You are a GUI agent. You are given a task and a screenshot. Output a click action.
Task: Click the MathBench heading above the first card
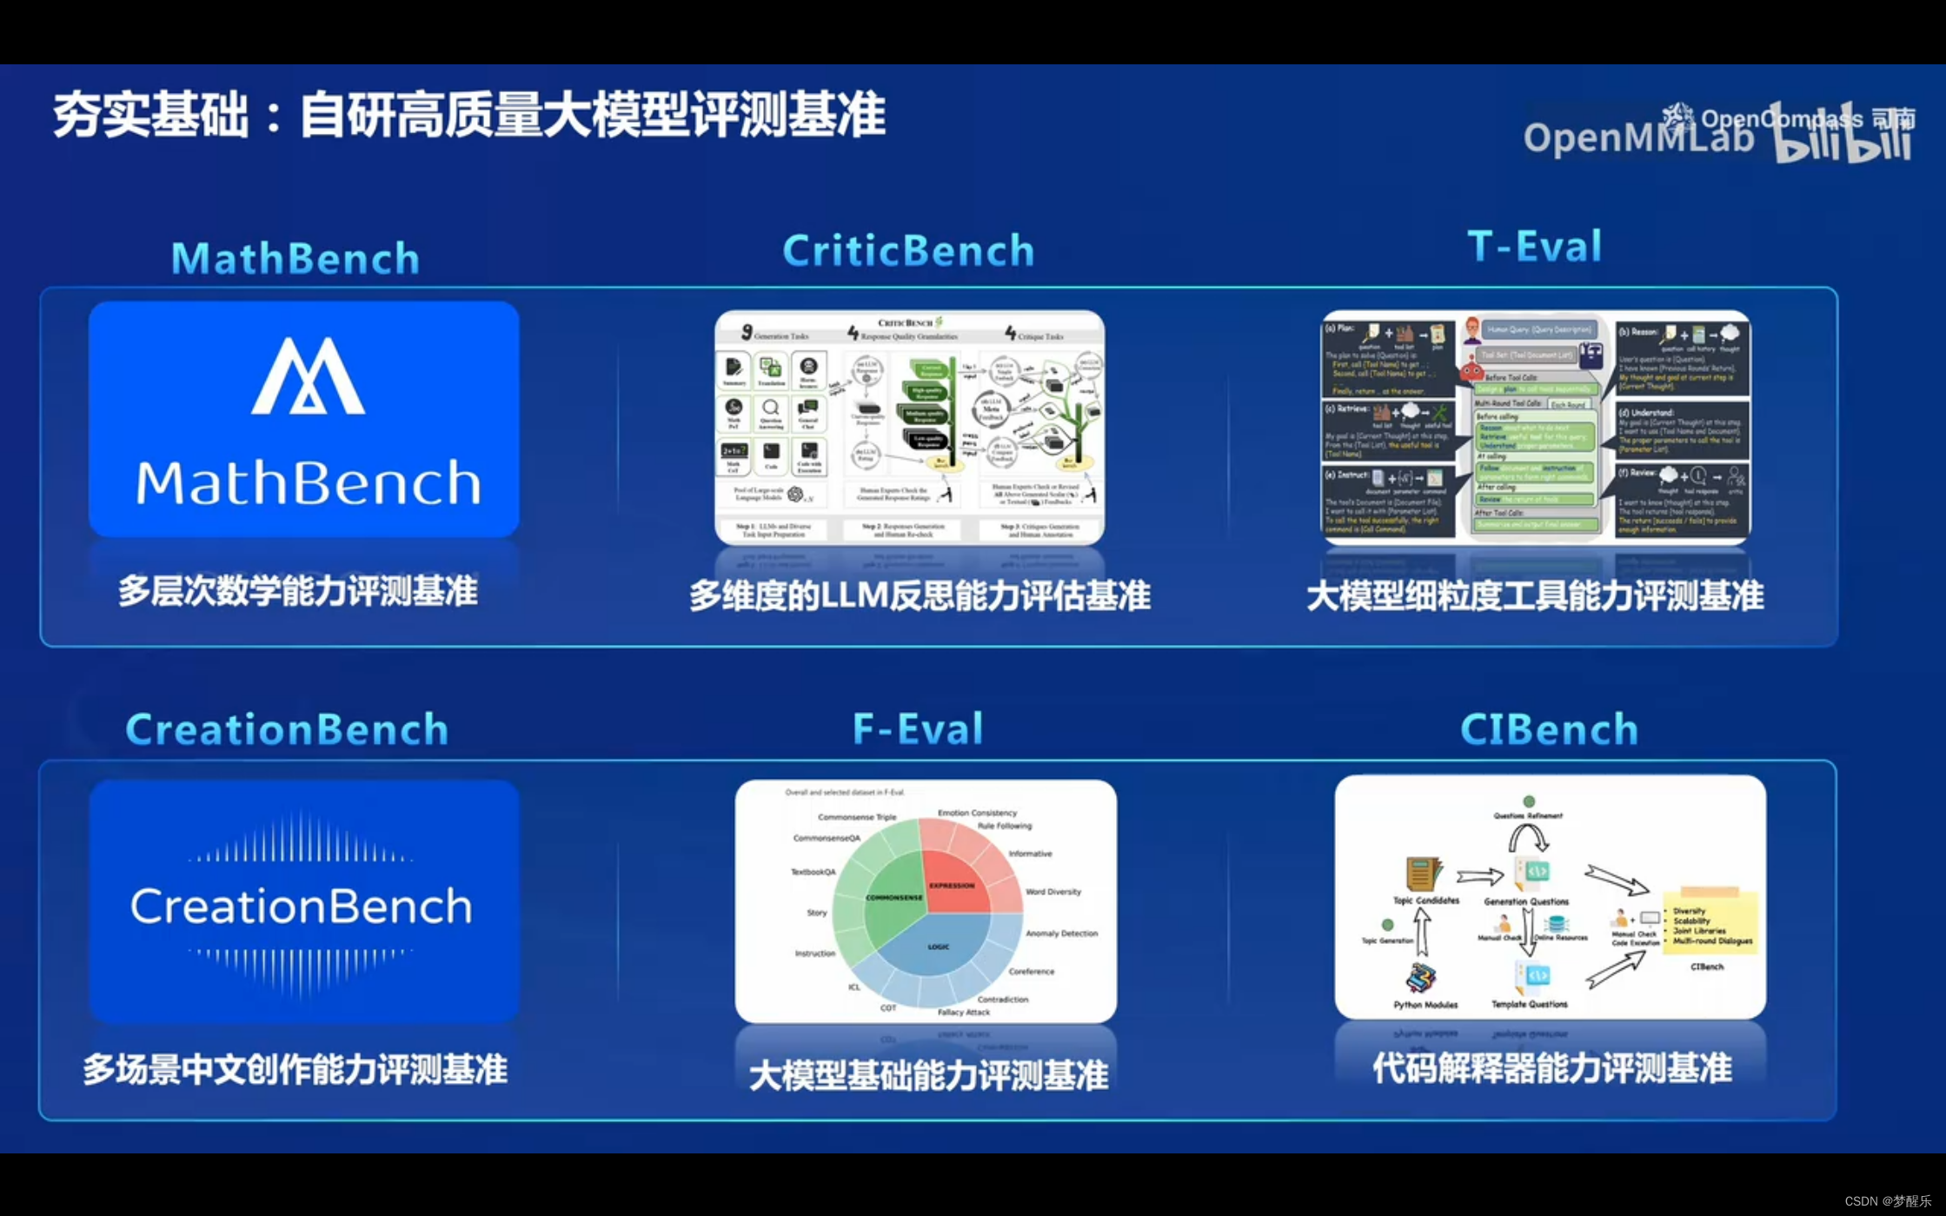point(296,258)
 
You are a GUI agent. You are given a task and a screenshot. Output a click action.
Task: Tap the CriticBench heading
point(908,250)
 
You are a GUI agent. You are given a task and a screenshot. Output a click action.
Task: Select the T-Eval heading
point(1535,246)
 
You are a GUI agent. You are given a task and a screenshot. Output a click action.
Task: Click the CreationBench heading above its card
point(287,728)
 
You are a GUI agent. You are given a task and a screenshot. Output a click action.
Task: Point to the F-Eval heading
point(918,728)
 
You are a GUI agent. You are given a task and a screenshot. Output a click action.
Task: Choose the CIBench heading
point(1549,728)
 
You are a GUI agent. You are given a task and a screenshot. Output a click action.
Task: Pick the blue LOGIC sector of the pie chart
point(939,952)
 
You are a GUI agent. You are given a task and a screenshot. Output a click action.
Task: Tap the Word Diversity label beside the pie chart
point(1053,892)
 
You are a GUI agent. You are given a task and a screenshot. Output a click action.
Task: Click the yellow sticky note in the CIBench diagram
point(1710,922)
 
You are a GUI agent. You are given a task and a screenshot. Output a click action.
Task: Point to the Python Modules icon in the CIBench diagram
point(1421,978)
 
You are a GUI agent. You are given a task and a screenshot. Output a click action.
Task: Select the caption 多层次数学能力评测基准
point(298,592)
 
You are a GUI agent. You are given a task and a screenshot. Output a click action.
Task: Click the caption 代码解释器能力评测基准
point(1551,1068)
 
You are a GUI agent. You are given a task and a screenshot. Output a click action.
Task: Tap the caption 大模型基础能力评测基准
point(927,1075)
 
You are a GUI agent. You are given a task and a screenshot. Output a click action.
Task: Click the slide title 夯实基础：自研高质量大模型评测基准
point(469,116)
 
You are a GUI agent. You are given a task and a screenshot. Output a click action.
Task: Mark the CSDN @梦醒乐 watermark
point(1887,1200)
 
